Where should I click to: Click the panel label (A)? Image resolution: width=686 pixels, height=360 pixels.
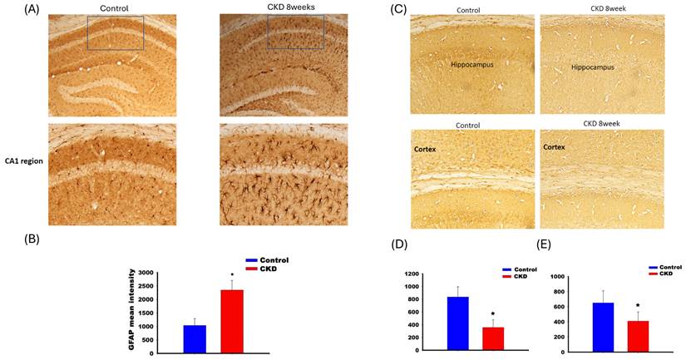pyautogui.click(x=31, y=9)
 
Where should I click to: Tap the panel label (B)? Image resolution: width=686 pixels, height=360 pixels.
pyautogui.click(x=31, y=239)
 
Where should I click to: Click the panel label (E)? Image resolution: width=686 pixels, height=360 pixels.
pyautogui.click(x=545, y=245)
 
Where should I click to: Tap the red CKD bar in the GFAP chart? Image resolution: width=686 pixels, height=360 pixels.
pyautogui.click(x=232, y=322)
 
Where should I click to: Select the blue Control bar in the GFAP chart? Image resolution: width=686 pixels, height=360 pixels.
pyautogui.click(x=195, y=339)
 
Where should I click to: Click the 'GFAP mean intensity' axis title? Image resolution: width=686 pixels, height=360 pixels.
pyautogui.click(x=131, y=313)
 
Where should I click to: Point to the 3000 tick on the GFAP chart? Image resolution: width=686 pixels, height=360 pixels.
pyautogui.click(x=146, y=273)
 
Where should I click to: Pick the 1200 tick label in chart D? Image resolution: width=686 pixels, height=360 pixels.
pyautogui.click(x=412, y=274)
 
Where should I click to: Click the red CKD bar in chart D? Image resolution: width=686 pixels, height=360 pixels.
pyautogui.click(x=493, y=338)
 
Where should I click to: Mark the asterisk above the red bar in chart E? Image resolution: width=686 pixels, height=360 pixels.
pyautogui.click(x=639, y=306)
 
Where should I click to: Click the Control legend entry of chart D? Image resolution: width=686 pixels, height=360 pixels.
pyautogui.click(x=520, y=269)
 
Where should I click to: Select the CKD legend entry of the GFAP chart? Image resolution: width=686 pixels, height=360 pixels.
pyautogui.click(x=261, y=269)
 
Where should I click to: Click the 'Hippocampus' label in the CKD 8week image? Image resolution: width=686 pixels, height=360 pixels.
pyautogui.click(x=593, y=67)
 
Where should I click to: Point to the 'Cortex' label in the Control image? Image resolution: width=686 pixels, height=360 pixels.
pyautogui.click(x=425, y=149)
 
